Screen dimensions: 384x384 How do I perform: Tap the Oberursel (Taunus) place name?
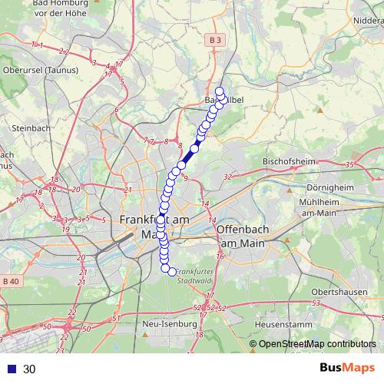38,70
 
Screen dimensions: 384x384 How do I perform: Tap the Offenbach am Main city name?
247,236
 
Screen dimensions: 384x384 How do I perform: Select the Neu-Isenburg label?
168,324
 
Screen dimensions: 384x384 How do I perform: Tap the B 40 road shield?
11,281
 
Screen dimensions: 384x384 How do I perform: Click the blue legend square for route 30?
11,369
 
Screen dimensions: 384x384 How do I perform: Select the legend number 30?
29,369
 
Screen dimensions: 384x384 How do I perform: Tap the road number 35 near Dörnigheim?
349,164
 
